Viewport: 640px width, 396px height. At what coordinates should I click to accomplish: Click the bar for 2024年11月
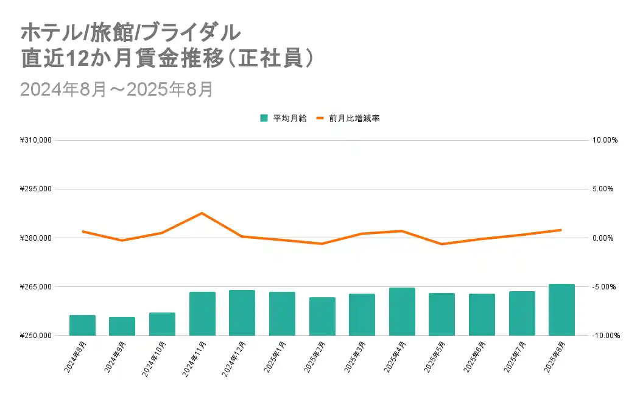[202, 314]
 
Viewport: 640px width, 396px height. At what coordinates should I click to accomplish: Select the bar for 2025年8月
[561, 309]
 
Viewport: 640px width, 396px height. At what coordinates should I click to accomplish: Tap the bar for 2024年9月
[122, 326]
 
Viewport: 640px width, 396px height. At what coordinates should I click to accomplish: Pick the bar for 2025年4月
[402, 311]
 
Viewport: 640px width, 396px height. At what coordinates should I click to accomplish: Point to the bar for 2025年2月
[322, 316]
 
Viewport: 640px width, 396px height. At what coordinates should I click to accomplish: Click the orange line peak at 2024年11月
[202, 213]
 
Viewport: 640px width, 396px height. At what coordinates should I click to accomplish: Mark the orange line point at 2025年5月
[441, 244]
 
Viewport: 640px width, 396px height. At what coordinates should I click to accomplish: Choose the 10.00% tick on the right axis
[605, 140]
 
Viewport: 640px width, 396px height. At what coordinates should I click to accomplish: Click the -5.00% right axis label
[605, 286]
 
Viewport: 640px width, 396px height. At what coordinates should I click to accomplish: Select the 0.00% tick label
[605, 238]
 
